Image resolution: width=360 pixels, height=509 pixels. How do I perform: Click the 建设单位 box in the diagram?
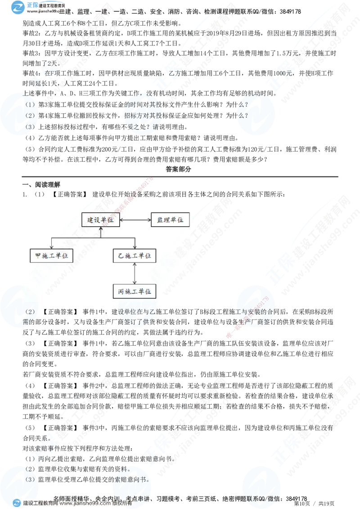[101, 220]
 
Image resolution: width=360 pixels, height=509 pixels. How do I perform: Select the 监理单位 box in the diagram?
[170, 220]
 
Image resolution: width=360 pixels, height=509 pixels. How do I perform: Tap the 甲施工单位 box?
[51, 255]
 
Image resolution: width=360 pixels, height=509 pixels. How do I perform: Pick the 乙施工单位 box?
[135, 255]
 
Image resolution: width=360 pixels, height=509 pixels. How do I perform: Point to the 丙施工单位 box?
[135, 291]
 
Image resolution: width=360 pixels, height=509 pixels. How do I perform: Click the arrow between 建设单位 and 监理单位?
[135, 220]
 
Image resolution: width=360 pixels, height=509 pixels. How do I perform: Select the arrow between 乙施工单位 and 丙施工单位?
[135, 273]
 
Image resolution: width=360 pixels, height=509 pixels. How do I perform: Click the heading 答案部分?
[178, 169]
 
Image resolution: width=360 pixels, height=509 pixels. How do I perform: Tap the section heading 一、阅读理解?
[41, 184]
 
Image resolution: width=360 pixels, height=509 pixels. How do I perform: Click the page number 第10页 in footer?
[302, 504]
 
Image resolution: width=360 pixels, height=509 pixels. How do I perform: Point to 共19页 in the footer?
[326, 504]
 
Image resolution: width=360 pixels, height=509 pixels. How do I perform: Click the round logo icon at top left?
[18, 8]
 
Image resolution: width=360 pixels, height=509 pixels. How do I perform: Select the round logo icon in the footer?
[17, 503]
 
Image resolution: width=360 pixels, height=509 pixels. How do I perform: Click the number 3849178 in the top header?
[290, 12]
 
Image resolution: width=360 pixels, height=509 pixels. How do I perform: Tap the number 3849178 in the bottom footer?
[296, 499]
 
